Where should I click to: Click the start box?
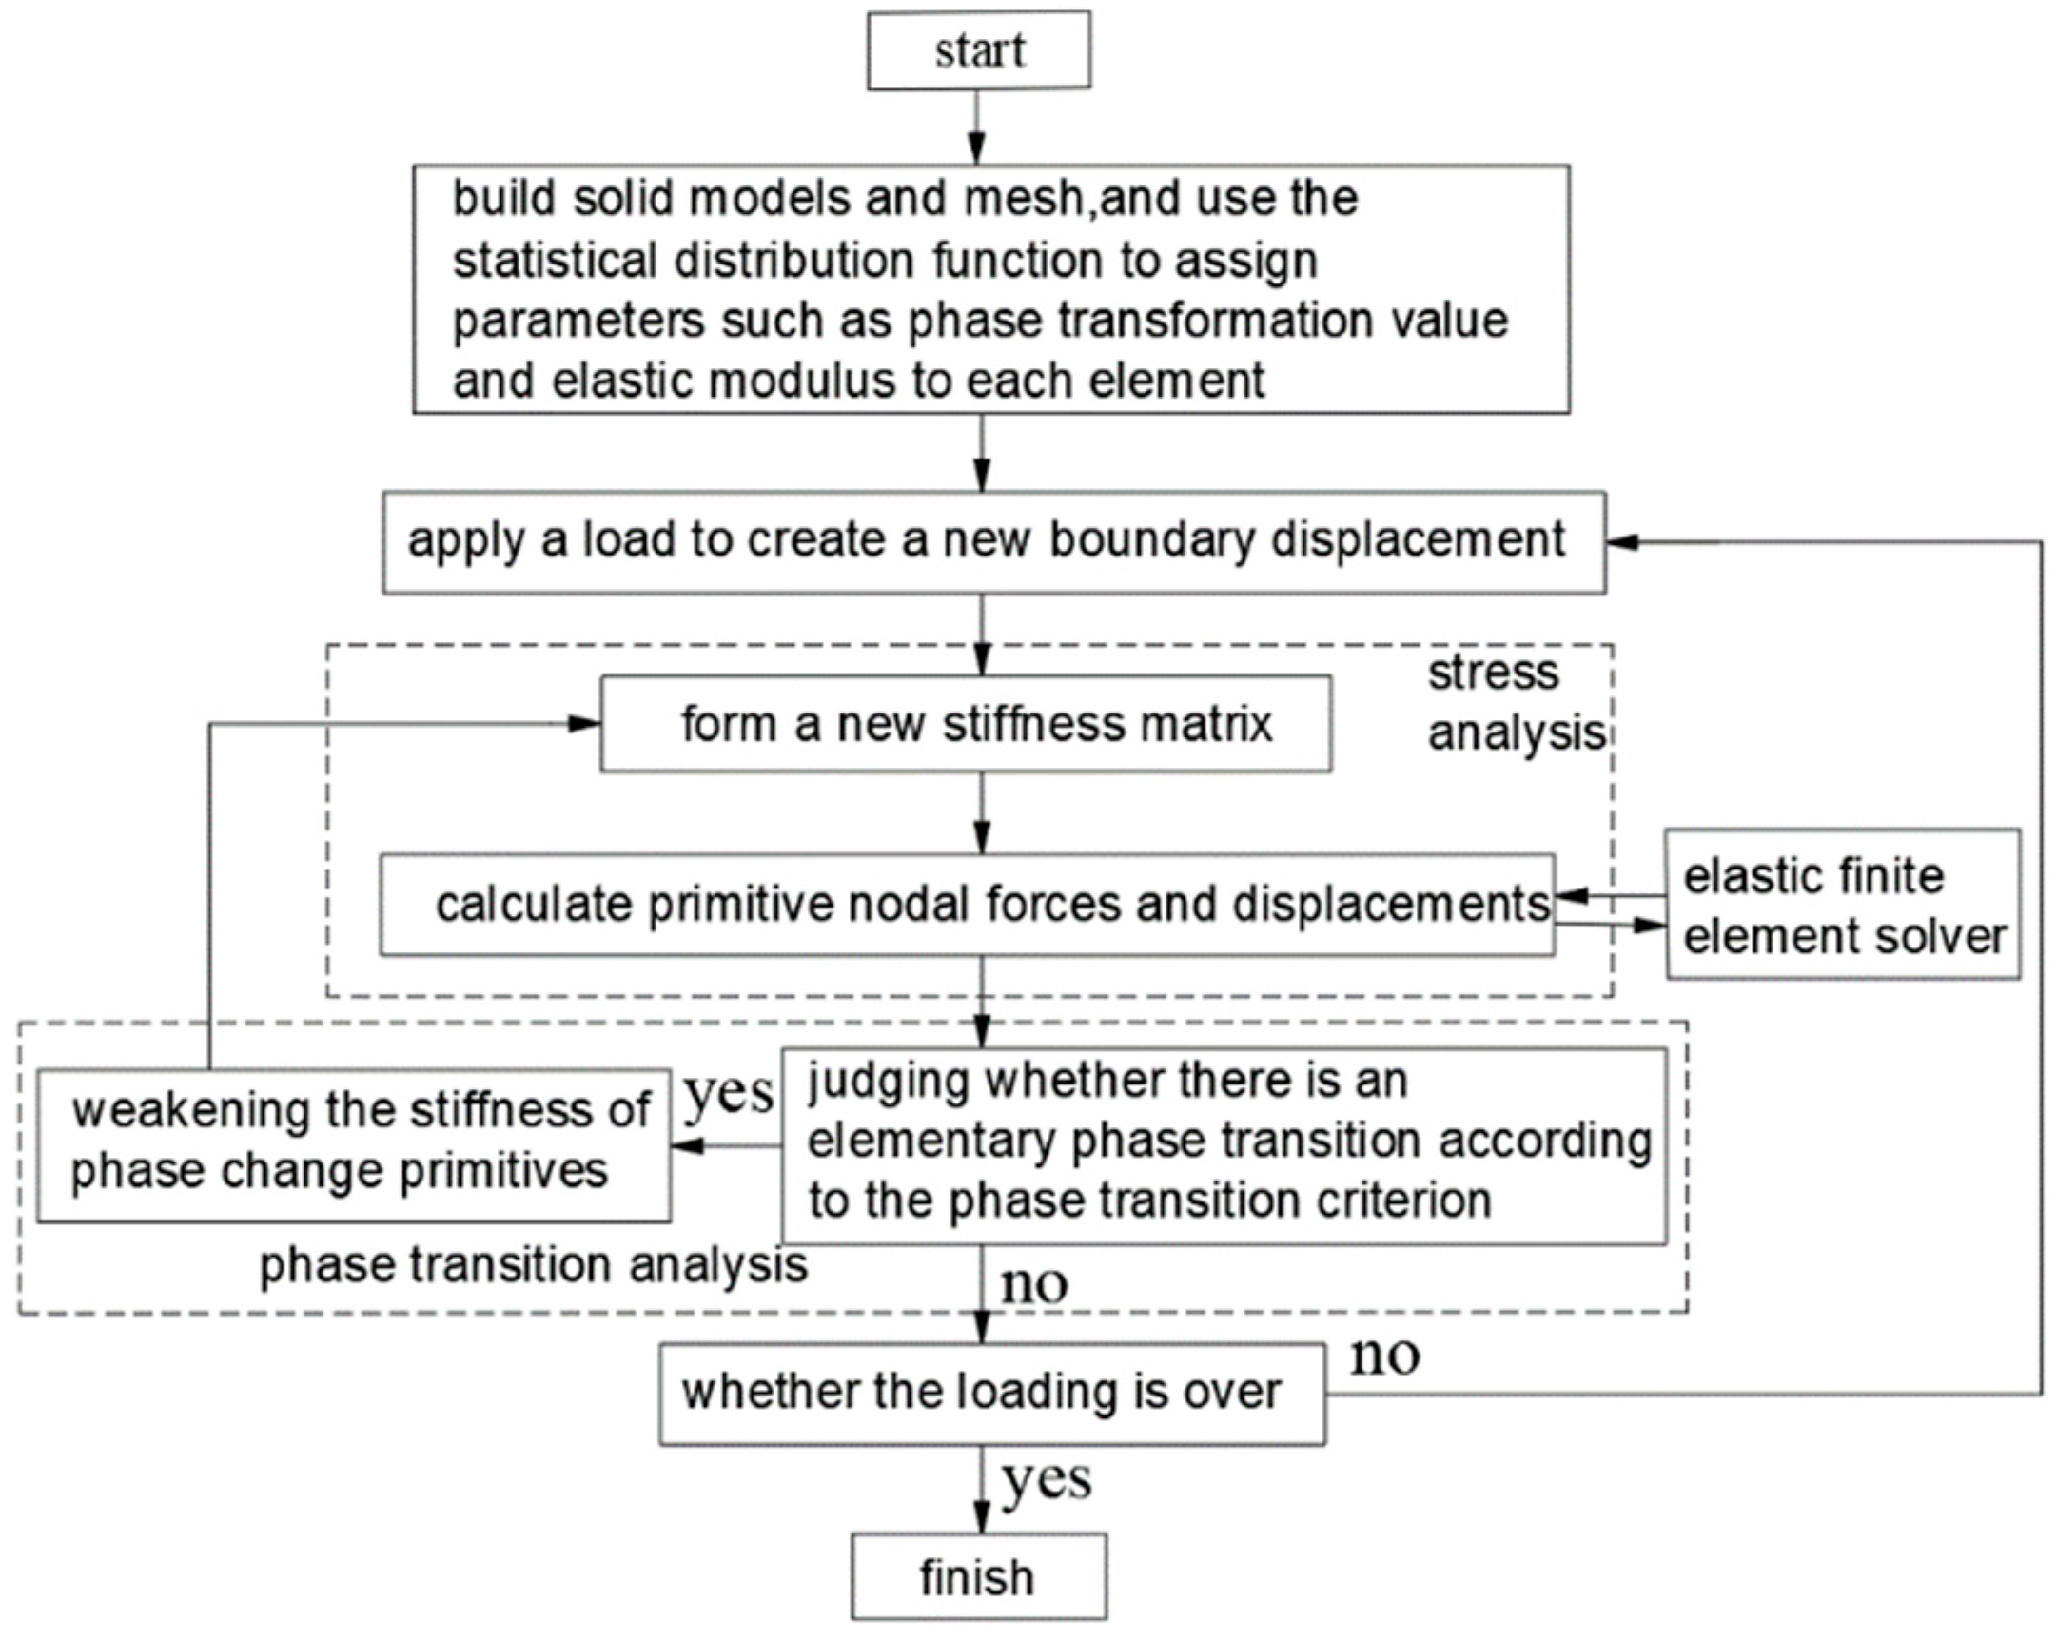click(978, 50)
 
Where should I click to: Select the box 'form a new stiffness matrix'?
click(966, 723)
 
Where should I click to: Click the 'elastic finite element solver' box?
click(1842, 905)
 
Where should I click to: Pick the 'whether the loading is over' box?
click(991, 1392)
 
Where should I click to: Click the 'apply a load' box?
click(993, 541)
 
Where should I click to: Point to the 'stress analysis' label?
click(1514, 703)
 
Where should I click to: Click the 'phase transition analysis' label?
click(534, 1265)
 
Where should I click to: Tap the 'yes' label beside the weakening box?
click(729, 1094)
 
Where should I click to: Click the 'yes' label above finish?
click(1047, 1480)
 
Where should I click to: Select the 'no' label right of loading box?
click(1384, 1356)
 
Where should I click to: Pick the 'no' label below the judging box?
click(1033, 1285)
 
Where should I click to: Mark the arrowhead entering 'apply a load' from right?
click(1621, 542)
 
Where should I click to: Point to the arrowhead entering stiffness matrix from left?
click(584, 724)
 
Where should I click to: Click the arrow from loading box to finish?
click(982, 1489)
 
